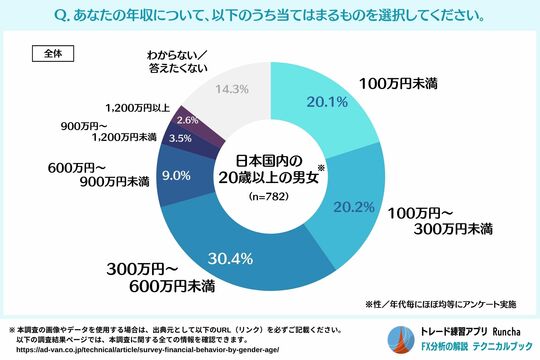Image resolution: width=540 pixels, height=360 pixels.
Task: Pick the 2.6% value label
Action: (187, 120)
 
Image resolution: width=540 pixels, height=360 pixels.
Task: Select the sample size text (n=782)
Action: (271, 197)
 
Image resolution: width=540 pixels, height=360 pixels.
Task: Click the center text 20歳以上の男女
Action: (271, 178)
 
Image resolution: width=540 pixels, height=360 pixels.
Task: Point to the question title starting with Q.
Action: (270, 16)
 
